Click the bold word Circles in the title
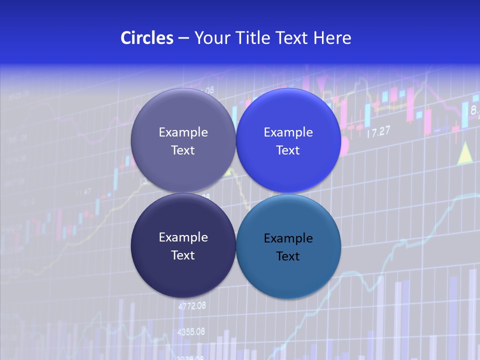[147, 38]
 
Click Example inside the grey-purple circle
[183, 132]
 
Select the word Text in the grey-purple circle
[183, 150]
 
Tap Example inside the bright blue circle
[288, 132]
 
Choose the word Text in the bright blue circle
[288, 150]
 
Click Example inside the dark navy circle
[183, 237]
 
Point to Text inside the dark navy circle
[183, 255]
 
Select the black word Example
[288, 238]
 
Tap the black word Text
[288, 256]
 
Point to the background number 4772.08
[191, 306]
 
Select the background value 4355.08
[191, 331]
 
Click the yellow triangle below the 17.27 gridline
[465, 153]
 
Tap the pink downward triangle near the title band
[321, 82]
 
